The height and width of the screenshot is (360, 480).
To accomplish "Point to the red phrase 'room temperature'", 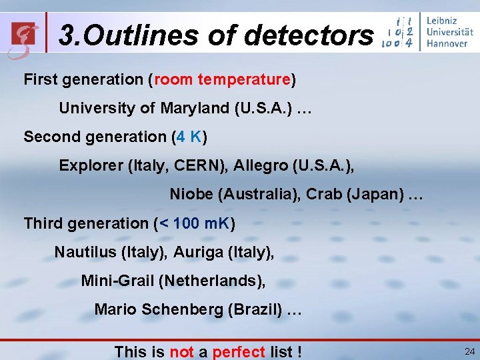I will [x=223, y=80].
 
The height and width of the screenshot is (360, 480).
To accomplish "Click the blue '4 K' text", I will [x=189, y=137].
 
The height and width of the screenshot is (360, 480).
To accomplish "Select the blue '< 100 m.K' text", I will [x=194, y=223].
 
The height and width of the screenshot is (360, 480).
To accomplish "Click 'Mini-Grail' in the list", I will [x=117, y=281].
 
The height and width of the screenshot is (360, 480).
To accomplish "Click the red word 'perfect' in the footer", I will [x=239, y=351].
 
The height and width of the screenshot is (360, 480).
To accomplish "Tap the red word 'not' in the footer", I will [x=182, y=351].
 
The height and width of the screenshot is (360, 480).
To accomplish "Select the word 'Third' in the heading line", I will [x=41, y=223].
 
